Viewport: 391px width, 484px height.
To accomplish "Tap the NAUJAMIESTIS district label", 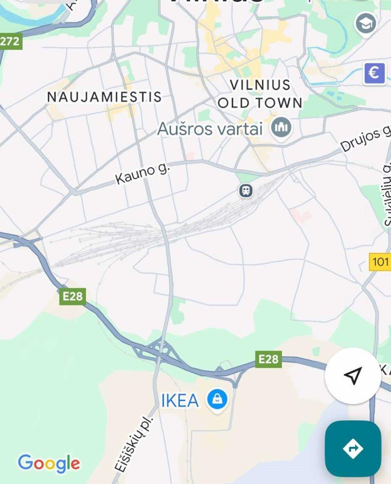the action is click(x=104, y=97).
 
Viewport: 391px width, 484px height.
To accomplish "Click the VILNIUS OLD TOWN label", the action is click(x=260, y=94).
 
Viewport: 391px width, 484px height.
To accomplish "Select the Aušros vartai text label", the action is click(x=210, y=129).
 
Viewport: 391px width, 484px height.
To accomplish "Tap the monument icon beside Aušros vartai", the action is click(x=281, y=127).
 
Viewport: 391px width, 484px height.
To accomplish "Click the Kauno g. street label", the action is click(x=143, y=174).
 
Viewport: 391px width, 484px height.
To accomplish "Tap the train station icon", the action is click(x=246, y=190).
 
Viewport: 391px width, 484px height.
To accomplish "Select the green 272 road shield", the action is click(x=10, y=41).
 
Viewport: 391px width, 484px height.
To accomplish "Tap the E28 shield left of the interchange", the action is click(x=72, y=296).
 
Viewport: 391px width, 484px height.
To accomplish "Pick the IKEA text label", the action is click(x=180, y=401).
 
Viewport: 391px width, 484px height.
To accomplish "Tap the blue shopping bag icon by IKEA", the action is click(x=217, y=400).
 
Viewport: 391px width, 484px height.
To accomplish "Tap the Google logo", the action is click(x=49, y=463).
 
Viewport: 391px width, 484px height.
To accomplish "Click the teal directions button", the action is click(x=353, y=449).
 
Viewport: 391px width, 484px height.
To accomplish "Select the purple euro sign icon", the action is click(x=374, y=73).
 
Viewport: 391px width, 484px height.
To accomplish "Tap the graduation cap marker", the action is click(x=366, y=24).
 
